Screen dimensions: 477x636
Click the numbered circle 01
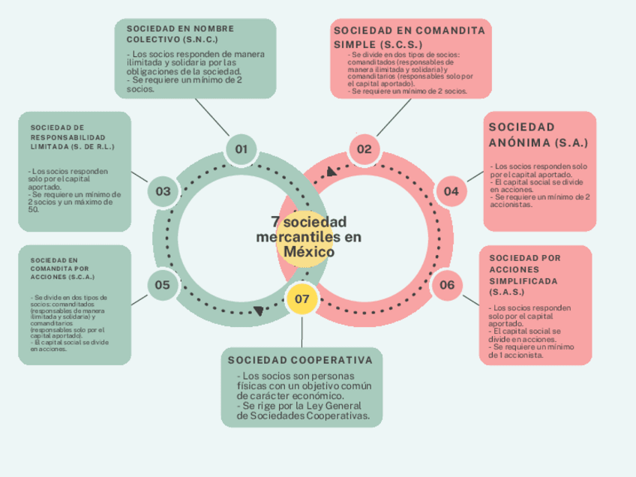coord(241,149)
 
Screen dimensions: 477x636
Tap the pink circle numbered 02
coord(364,149)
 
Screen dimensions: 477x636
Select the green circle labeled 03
coord(163,191)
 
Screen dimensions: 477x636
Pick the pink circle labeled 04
coord(451,191)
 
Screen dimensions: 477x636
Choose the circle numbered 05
coord(163,285)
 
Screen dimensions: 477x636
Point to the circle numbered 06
coord(447,285)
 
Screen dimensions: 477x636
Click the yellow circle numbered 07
coord(302,298)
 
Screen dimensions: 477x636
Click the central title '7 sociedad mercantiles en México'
coord(308,237)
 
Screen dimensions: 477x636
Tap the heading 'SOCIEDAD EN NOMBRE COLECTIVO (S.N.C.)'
coord(180,33)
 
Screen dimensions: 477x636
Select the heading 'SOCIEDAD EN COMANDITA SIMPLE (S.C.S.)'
coord(409,37)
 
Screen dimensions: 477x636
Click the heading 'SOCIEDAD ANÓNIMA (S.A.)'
coord(538,135)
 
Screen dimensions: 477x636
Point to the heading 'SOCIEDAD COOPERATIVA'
coord(300,360)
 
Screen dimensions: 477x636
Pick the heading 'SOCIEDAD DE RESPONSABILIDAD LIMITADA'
coord(73,136)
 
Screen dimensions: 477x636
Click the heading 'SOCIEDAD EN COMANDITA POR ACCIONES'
coord(59,268)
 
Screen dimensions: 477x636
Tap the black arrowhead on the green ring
coord(259,310)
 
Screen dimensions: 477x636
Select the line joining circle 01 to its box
coord(212,118)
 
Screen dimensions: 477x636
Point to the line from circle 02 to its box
coord(394,118)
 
